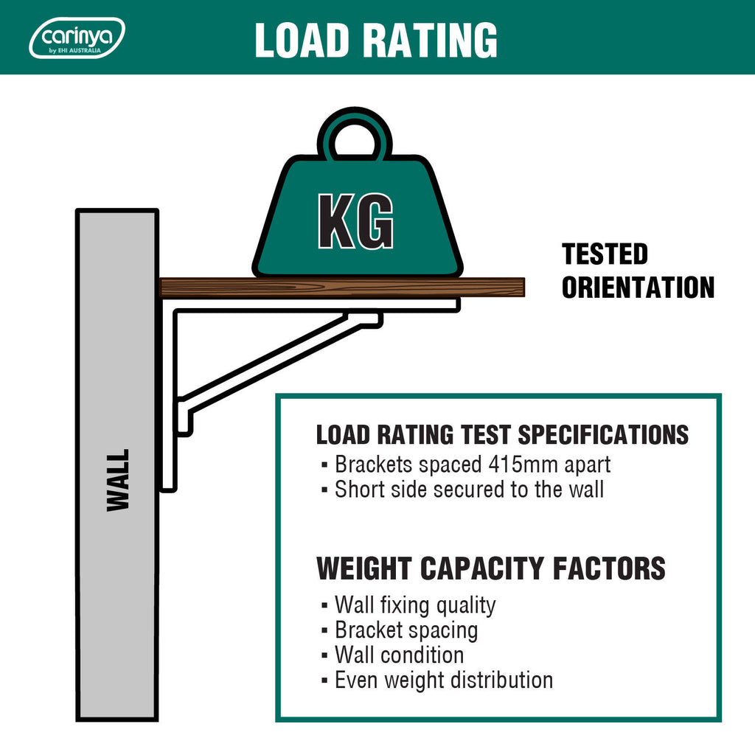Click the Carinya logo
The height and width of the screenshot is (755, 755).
[77, 38]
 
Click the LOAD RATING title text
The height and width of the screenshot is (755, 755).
[376, 40]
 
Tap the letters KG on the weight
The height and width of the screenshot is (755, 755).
[356, 221]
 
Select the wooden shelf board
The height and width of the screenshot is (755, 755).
[342, 288]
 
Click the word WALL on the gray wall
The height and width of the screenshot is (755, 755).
[118, 480]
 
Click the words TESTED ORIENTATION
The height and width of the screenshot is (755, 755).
[638, 271]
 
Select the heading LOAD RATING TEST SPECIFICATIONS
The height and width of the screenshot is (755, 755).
[502, 434]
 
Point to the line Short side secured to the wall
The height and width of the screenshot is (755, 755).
[469, 490]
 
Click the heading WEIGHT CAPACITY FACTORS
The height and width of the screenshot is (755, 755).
[490, 568]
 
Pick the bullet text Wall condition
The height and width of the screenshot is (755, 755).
[399, 655]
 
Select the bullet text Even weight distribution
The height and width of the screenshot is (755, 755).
[444, 681]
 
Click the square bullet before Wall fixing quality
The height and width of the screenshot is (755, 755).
[324, 605]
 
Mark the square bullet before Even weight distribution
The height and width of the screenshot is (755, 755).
[324, 681]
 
